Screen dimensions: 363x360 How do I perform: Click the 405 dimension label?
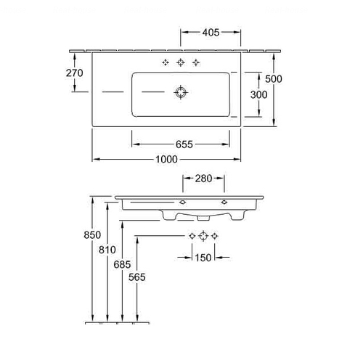point(211,33)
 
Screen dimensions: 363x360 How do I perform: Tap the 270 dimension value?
point(75,73)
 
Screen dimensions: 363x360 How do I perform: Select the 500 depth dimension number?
point(274,79)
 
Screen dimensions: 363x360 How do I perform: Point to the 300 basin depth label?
point(258,94)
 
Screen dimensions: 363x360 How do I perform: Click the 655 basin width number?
point(184,144)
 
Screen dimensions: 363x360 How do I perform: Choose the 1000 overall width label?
point(166,159)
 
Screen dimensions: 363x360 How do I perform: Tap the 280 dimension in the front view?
point(203,179)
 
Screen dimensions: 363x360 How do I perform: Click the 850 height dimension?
point(92,235)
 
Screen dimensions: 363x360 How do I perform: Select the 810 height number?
point(107,250)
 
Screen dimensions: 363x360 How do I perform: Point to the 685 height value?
point(122,264)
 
